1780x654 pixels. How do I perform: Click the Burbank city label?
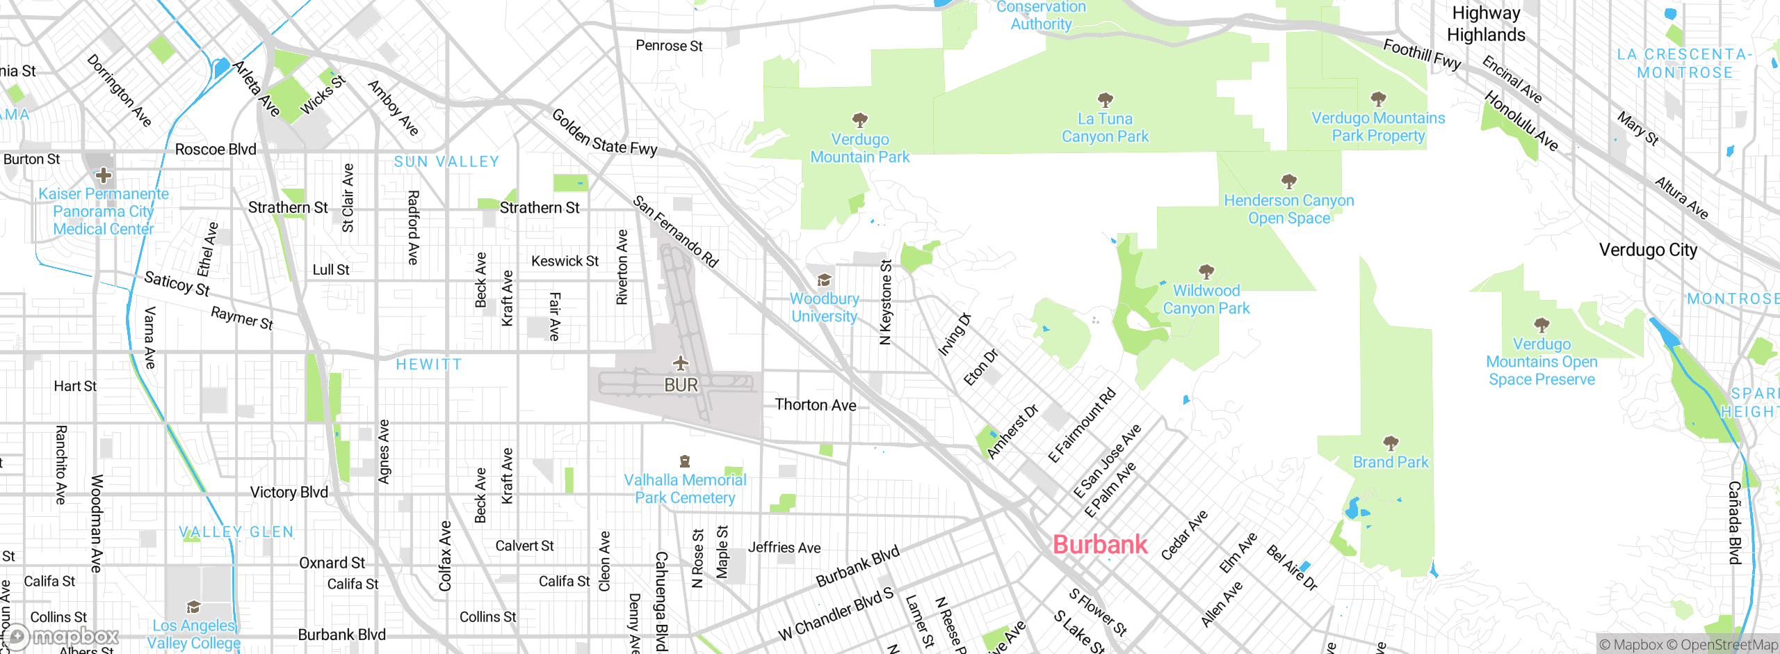(x=1099, y=544)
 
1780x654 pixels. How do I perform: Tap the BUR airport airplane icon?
(x=680, y=363)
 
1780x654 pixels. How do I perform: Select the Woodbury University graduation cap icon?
(x=824, y=280)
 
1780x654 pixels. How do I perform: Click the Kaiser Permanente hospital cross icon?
(x=104, y=175)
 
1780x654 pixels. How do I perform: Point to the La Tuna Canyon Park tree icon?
(x=1105, y=99)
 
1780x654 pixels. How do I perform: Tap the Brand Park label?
(x=1390, y=462)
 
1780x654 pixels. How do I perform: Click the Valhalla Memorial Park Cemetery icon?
(x=684, y=461)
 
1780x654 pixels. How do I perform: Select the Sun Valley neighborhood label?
(x=446, y=161)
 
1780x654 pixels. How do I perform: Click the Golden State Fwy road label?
(x=604, y=132)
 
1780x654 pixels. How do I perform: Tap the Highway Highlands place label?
(x=1486, y=24)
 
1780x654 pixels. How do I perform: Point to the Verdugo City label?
(x=1648, y=250)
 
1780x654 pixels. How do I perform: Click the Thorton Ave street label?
(x=815, y=405)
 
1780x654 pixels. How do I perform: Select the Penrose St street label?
(x=669, y=46)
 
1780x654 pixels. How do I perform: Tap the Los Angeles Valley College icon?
(x=193, y=607)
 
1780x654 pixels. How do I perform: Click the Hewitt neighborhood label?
(x=428, y=365)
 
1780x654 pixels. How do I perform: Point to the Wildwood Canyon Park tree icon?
(x=1206, y=271)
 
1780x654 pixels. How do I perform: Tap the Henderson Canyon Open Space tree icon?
(x=1288, y=182)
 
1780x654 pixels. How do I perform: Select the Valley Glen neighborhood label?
(x=236, y=532)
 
